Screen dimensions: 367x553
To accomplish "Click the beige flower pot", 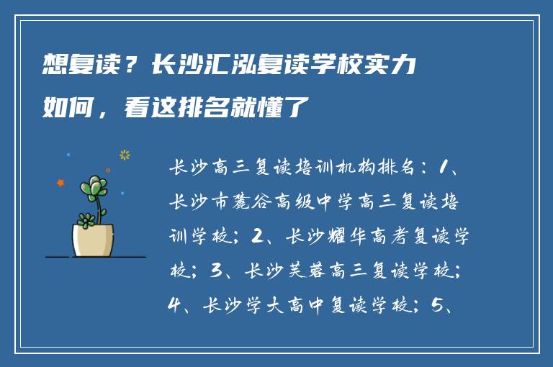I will tap(93, 239).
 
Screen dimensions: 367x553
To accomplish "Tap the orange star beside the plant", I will tap(60, 183).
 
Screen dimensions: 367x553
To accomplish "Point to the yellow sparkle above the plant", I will tap(125, 155).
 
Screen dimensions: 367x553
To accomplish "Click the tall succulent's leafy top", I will tap(94, 188).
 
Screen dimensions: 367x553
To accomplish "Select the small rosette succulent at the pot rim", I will tap(86, 219).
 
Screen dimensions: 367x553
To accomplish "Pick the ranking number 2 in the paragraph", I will tap(259, 235).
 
